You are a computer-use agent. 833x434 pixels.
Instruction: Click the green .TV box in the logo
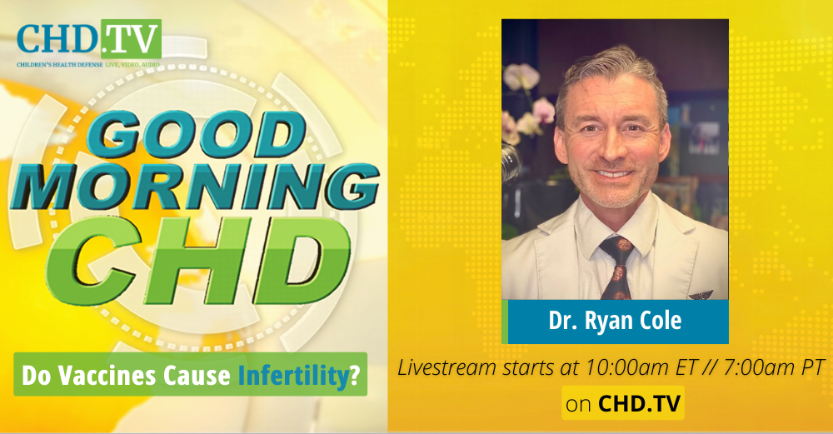pos(131,39)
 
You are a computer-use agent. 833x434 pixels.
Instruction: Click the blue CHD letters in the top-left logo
pos(58,39)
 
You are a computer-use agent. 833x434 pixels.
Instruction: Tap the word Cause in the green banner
pos(197,375)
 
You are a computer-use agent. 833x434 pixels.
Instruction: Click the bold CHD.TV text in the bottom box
pos(640,404)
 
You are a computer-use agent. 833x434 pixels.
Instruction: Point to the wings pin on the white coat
pos(701,295)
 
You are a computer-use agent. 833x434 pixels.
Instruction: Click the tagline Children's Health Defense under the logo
pos(60,64)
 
